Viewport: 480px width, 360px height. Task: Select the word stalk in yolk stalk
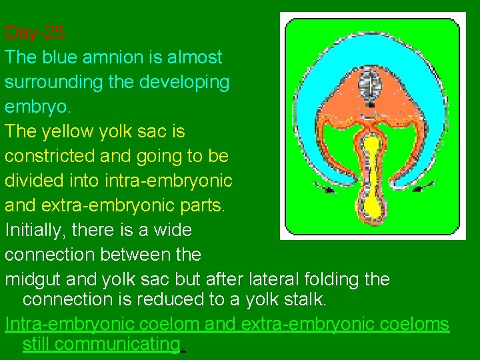(x=303, y=299)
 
